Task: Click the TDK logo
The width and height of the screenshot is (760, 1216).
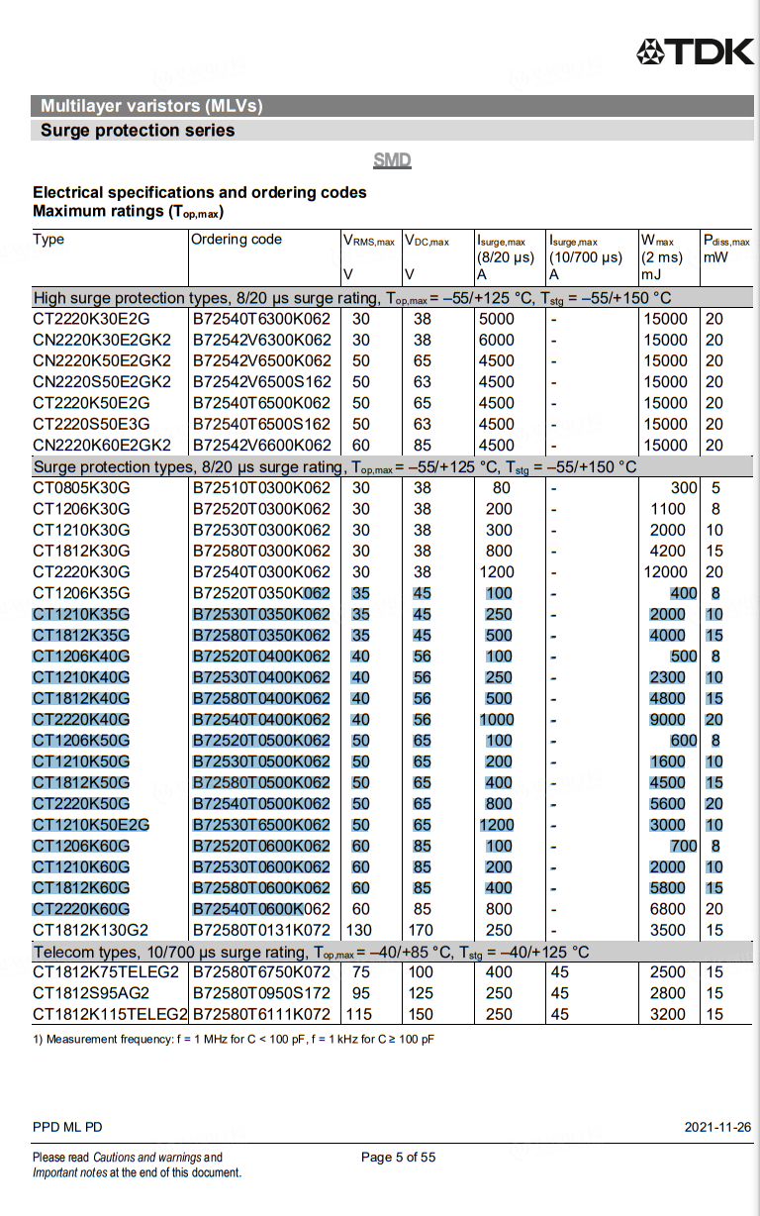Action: tap(695, 51)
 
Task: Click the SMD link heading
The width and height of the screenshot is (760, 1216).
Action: tap(392, 160)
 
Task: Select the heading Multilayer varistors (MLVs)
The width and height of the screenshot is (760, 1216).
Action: tap(151, 106)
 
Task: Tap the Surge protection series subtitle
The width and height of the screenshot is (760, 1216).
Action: tap(138, 130)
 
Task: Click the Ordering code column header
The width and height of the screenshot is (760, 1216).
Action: tap(237, 240)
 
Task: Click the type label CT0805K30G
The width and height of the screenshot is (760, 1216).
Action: tap(81, 487)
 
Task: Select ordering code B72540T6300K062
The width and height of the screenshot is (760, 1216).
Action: tap(261, 319)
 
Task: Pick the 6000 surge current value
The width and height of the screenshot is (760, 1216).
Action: tap(496, 340)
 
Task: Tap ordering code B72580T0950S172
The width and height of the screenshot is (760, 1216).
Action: tap(261, 993)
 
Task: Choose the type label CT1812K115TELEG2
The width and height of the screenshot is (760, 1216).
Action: tap(110, 1014)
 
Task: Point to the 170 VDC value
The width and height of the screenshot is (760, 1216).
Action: tap(422, 930)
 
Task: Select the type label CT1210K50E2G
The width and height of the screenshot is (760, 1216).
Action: tap(91, 825)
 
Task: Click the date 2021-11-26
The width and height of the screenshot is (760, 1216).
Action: tap(717, 1127)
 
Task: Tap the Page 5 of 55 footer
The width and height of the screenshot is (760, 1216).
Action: tap(398, 1157)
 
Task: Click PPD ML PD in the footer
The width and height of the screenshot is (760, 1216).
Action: tap(67, 1127)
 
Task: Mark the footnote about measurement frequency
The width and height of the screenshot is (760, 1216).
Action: tap(234, 1039)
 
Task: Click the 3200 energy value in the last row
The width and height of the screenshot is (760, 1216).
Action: tap(667, 1014)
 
